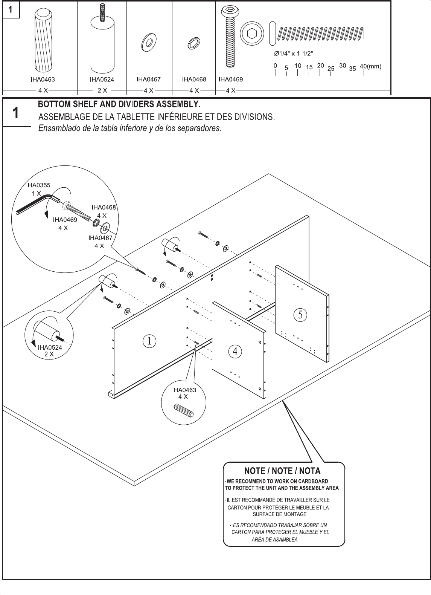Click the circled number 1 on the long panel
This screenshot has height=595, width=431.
pyautogui.click(x=149, y=341)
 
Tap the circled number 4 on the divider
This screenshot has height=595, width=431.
pyautogui.click(x=235, y=351)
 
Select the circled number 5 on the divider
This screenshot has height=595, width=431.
pyautogui.click(x=300, y=315)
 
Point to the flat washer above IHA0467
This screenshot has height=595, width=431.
pyautogui.click(x=149, y=42)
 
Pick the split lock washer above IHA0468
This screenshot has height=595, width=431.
pyautogui.click(x=194, y=43)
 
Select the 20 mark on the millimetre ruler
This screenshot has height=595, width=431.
pyautogui.click(x=320, y=66)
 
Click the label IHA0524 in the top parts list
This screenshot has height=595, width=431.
pyautogui.click(x=102, y=80)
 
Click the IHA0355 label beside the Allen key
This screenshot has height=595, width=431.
pyautogui.click(x=38, y=185)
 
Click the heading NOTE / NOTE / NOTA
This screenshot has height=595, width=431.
pyautogui.click(x=283, y=471)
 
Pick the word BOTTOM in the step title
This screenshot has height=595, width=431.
pyautogui.click(x=53, y=104)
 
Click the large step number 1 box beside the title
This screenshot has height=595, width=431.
pyautogui.click(x=16, y=113)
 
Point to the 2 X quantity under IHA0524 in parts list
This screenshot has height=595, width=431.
pyautogui.click(x=102, y=90)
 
